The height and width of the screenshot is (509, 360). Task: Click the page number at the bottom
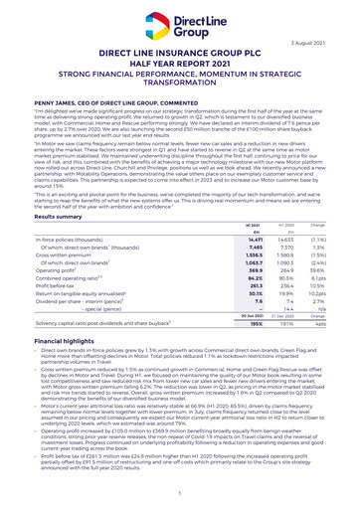click(180, 493)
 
